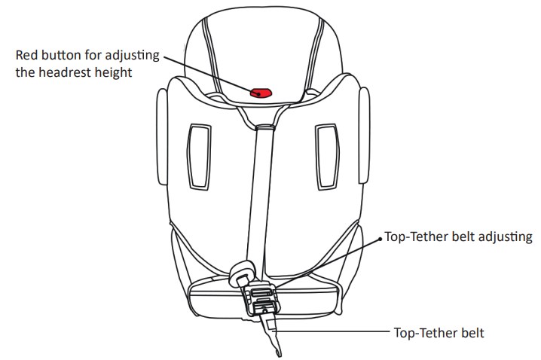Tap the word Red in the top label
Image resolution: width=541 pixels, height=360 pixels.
click(x=28, y=56)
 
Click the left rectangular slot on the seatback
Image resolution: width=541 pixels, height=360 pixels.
click(x=199, y=155)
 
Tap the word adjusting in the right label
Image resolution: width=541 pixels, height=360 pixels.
click(x=505, y=236)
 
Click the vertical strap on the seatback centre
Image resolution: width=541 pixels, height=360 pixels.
click(x=264, y=188)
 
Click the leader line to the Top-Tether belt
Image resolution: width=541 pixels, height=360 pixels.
click(x=332, y=330)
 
